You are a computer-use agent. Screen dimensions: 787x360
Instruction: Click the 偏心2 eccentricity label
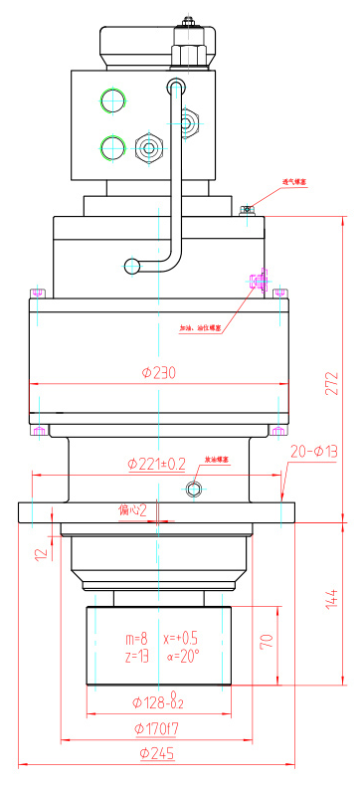tap(131, 510)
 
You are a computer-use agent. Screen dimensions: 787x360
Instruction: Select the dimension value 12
tap(39, 552)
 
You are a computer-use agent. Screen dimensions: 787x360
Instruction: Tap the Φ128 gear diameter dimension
tap(159, 703)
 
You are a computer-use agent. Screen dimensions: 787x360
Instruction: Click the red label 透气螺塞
tap(297, 182)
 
